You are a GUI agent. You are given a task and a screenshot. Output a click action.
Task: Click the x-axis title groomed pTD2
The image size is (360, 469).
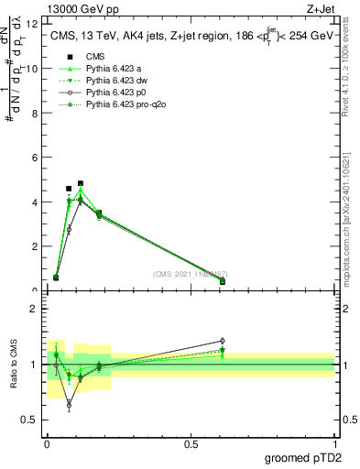[303, 458]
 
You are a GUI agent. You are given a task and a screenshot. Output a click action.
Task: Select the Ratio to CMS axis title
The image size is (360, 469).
[16, 366]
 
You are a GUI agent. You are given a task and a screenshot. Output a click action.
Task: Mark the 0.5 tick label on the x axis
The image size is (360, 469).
[191, 444]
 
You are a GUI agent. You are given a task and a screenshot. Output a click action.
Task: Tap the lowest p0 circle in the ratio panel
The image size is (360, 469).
[69, 404]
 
